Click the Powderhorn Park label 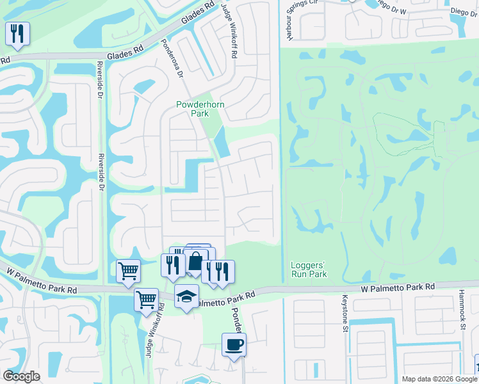coord(192,109)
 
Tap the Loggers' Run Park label coord(309,269)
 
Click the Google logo coord(21,376)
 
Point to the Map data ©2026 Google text coord(439,379)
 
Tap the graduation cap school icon coord(186,296)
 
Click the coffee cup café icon coord(234,344)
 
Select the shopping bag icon coord(195,261)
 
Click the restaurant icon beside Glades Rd coord(17,33)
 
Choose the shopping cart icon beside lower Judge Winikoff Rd coord(147,298)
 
